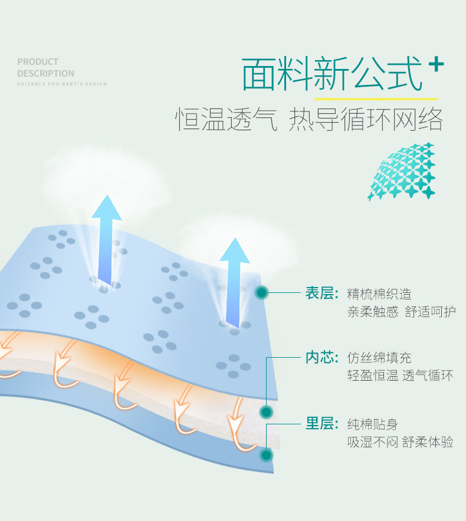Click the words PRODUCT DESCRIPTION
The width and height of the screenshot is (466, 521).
[45, 67]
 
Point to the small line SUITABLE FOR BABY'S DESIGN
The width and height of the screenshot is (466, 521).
[62, 84]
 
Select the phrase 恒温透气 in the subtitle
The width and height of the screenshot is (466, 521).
[226, 120]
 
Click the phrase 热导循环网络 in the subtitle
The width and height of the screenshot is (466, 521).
[366, 120]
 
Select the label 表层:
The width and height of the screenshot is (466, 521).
[321, 293]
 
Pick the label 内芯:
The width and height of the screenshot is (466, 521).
[321, 357]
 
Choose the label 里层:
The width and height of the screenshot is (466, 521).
[321, 423]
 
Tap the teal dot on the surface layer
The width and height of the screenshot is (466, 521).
[262, 292]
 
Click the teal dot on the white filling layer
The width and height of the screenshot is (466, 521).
[267, 411]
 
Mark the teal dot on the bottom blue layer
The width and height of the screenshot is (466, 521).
[267, 454]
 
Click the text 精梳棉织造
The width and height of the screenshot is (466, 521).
[379, 294]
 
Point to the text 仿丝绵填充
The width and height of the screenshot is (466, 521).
[379, 358]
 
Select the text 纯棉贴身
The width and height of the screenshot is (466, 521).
[373, 424]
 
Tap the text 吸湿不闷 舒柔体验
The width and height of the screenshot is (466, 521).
[400, 442]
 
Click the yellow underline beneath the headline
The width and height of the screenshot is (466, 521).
[376, 98]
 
